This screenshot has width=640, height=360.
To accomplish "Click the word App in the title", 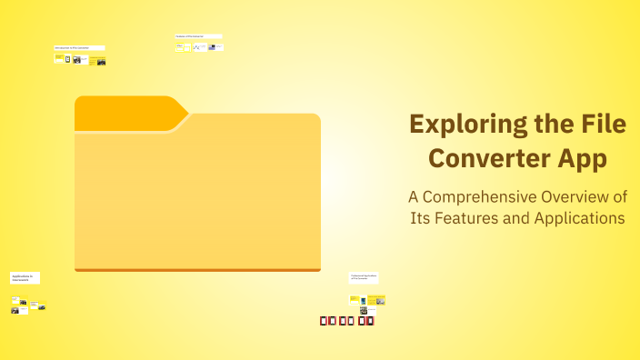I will [582, 158].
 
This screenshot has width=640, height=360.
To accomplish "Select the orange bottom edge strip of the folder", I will [197, 269].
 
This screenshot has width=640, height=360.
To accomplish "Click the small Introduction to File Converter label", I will [78, 47].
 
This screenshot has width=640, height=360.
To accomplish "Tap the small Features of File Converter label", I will [197, 36].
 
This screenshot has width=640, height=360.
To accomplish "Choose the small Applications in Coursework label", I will [25, 277].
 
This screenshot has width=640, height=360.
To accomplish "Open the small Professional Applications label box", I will [364, 277].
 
